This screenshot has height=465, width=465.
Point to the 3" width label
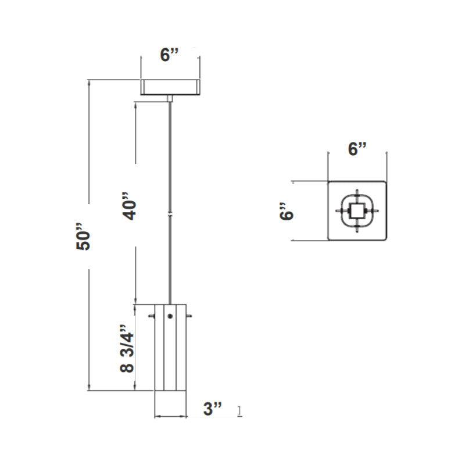tap(213, 409)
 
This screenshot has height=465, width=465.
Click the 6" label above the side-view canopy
tap(170, 55)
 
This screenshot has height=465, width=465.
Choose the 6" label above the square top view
tap(357, 149)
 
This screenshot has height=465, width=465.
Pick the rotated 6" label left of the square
tap(285, 210)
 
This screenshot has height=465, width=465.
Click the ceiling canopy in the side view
tap(170, 87)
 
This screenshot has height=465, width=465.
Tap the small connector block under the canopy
tap(170, 99)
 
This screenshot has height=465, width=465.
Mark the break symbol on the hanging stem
tap(170, 214)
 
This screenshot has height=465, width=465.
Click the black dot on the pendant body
tap(170, 316)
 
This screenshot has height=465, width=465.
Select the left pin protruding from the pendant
tap(152, 316)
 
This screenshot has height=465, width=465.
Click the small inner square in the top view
tap(357, 210)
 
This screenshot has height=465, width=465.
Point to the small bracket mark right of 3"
tap(240, 412)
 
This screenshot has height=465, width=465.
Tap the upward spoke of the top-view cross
tap(357, 193)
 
